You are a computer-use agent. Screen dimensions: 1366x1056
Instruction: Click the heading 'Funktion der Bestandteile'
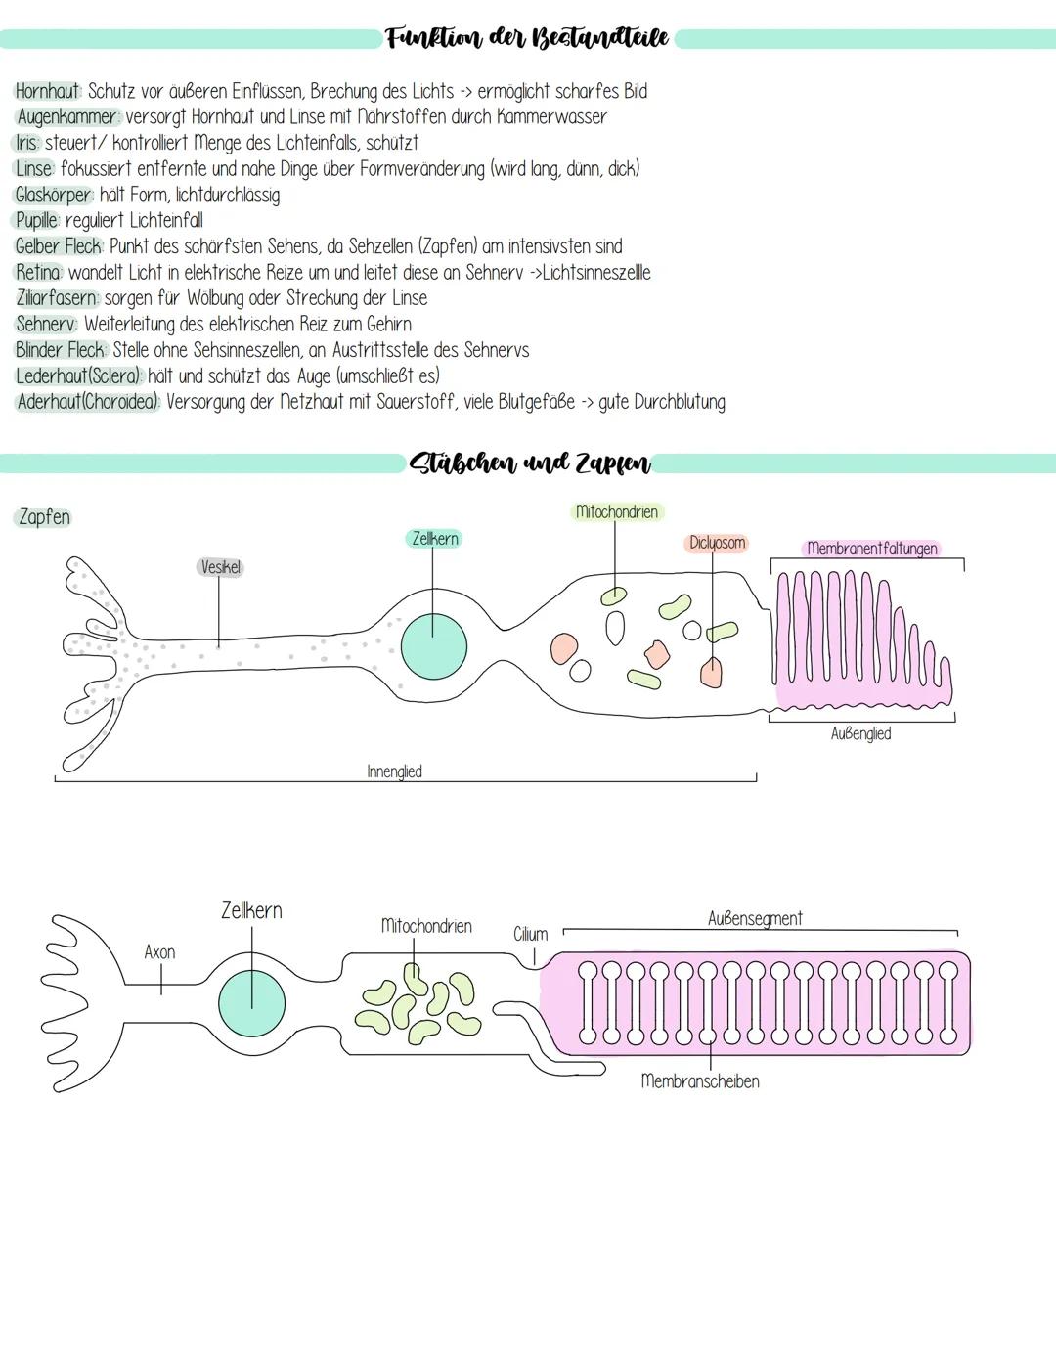tap(527, 38)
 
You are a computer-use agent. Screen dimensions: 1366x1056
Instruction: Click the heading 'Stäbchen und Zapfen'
tap(530, 463)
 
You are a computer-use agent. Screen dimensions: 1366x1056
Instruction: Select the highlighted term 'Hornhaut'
tap(47, 91)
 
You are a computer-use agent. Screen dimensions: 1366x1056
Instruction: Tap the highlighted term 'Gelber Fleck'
tap(59, 246)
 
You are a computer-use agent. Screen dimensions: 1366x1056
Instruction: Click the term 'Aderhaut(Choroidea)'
tap(88, 402)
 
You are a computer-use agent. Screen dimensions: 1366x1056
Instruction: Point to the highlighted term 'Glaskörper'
tap(53, 195)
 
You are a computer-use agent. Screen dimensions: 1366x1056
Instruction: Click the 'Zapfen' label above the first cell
tap(44, 517)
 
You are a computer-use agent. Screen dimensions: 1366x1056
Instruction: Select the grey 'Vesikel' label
tap(220, 567)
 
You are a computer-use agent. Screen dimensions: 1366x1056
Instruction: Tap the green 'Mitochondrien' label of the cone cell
tap(617, 511)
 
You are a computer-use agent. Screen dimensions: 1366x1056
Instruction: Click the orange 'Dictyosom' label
tap(717, 543)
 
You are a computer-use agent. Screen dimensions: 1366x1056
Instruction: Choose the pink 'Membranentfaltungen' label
tap(871, 549)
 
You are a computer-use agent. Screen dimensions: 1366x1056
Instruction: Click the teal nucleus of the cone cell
tap(433, 645)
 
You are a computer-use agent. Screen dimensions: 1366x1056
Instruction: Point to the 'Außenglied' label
tap(860, 733)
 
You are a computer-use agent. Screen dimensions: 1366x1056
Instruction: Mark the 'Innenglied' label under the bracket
tap(394, 771)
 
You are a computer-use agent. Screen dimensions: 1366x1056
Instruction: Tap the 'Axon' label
tap(159, 952)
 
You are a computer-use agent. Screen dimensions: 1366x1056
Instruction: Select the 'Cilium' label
tap(531, 935)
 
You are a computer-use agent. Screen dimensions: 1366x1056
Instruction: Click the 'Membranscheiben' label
tap(699, 1081)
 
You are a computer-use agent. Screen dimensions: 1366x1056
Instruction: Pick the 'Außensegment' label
tap(755, 918)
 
